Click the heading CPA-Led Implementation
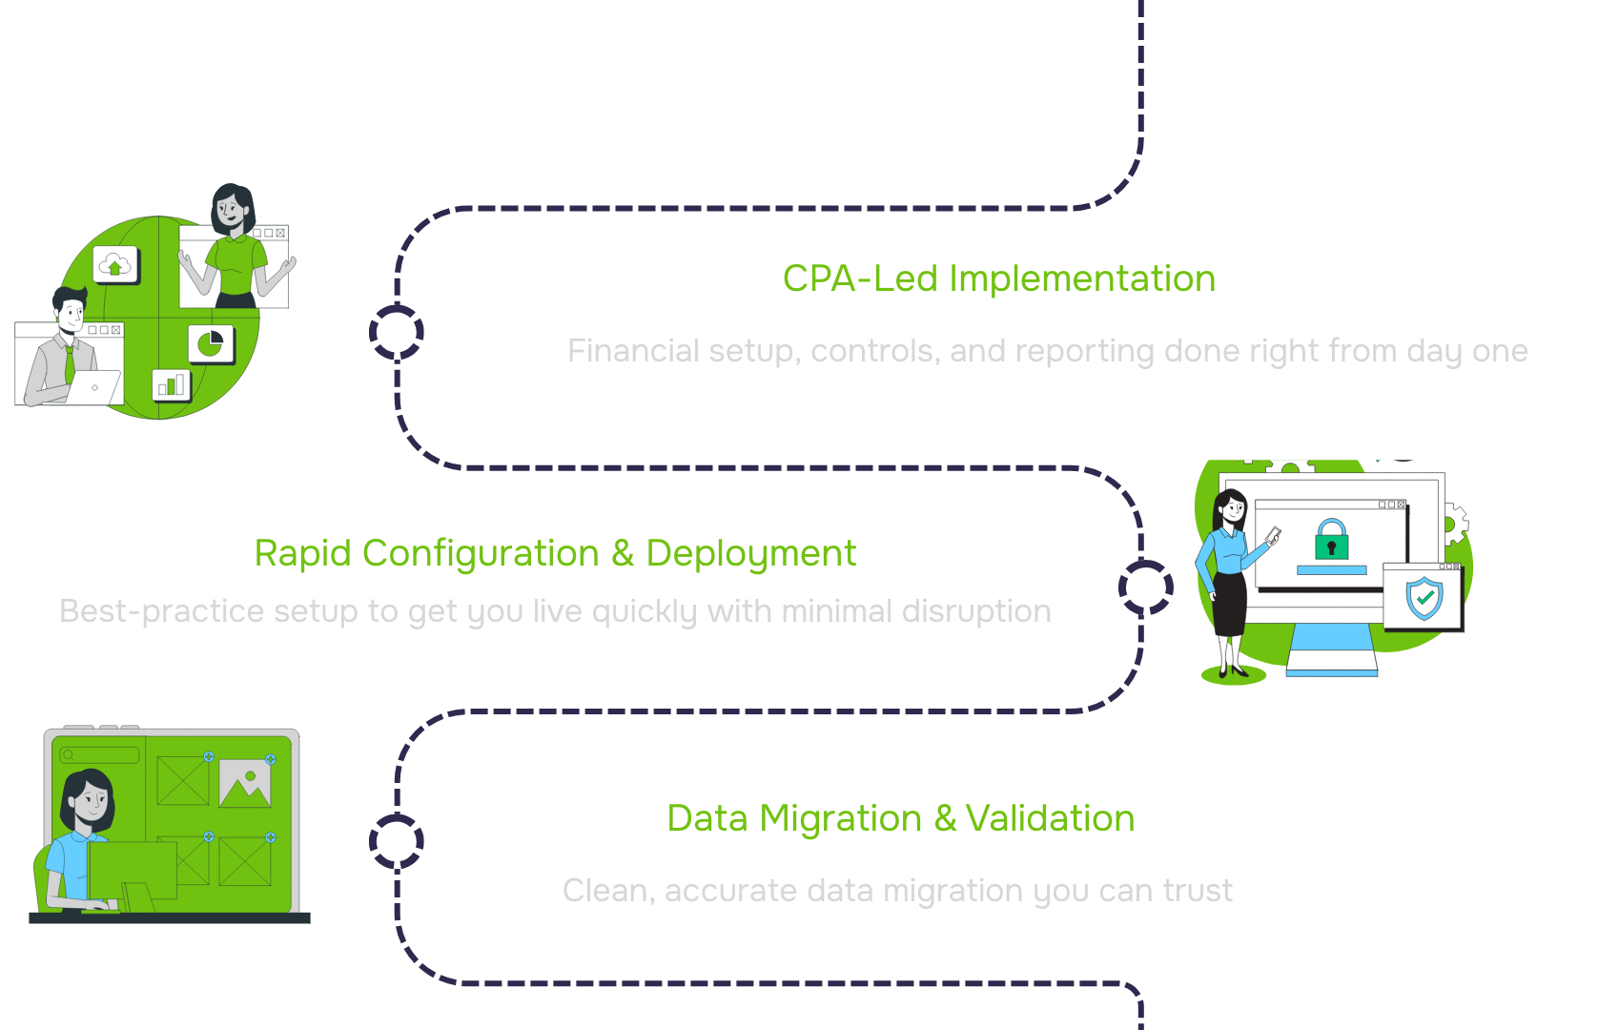(998, 278)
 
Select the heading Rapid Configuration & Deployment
(555, 553)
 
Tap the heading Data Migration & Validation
(900, 818)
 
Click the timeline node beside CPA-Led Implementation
(397, 332)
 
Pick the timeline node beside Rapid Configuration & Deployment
(1145, 587)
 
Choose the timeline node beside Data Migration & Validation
(397, 841)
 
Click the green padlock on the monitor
(1331, 540)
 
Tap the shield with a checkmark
(1424, 599)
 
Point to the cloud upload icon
(115, 266)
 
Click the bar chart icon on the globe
(172, 385)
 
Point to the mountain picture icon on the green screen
(245, 783)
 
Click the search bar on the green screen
(100, 755)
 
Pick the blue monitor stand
(1331, 650)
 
